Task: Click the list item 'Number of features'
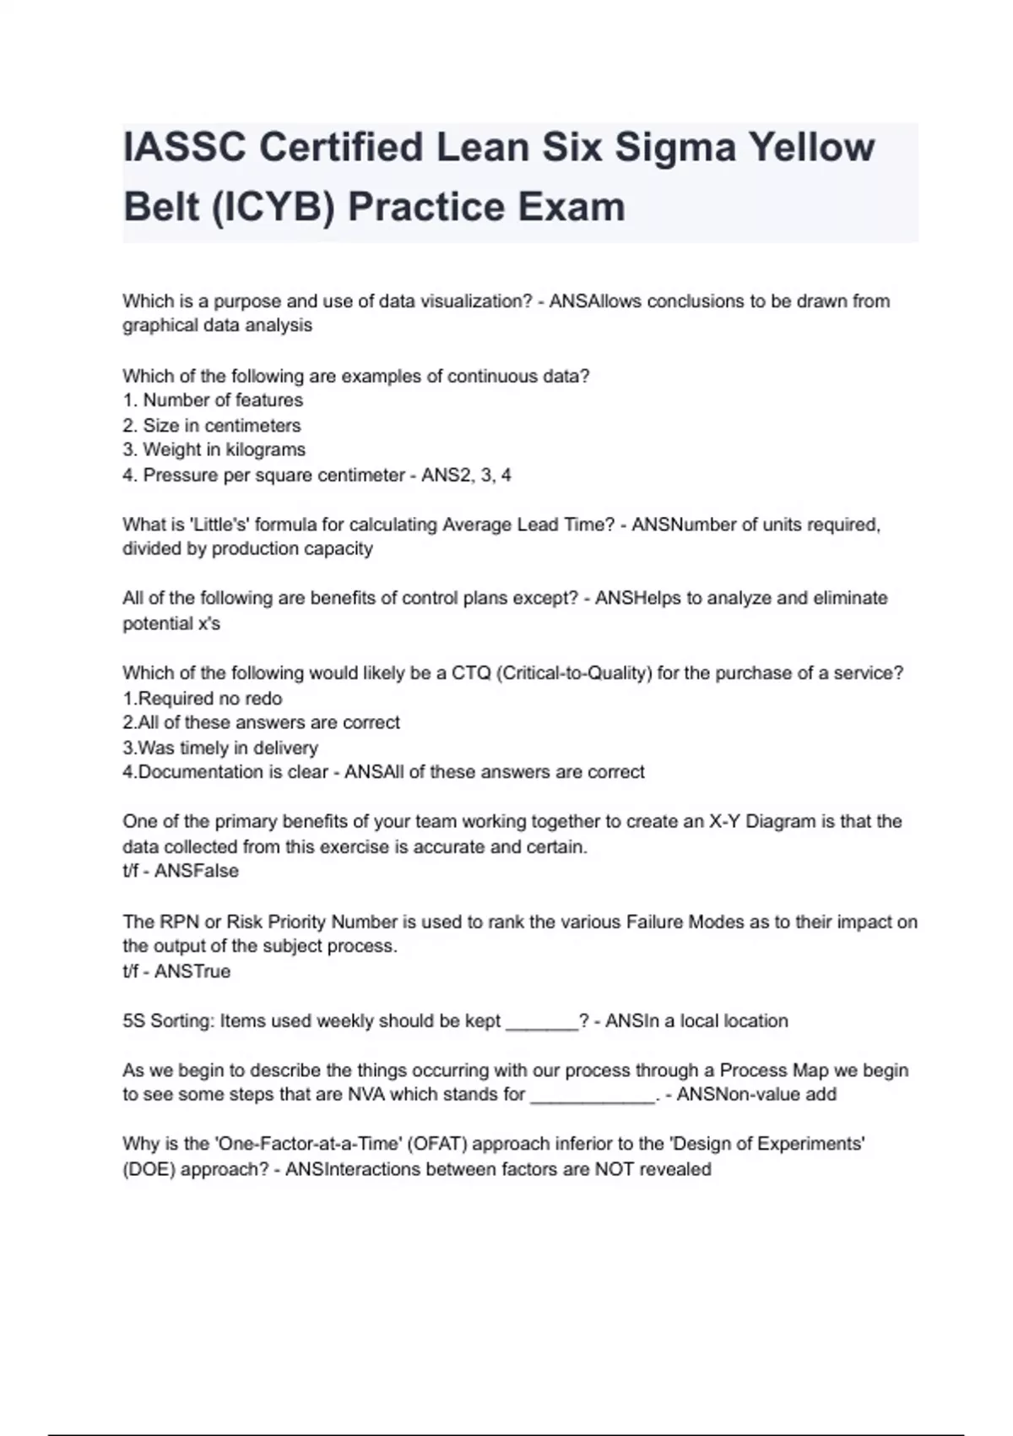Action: (223, 400)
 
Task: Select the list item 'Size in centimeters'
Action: (221, 426)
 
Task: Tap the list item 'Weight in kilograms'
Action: (224, 450)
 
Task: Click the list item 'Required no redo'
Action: (210, 699)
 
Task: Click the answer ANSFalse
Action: (197, 871)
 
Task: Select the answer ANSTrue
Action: (192, 971)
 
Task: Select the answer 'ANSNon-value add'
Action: (756, 1096)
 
